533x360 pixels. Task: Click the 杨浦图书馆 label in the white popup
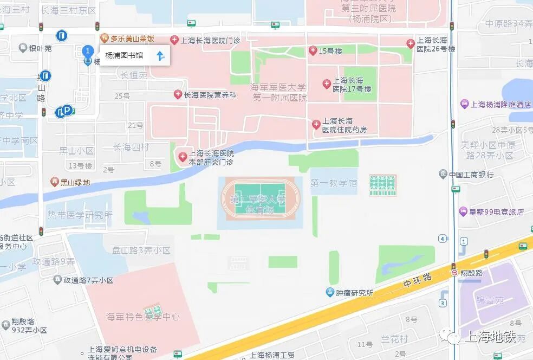(124, 55)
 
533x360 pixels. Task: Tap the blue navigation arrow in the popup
(160, 55)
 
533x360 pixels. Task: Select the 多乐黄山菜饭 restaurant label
(133, 38)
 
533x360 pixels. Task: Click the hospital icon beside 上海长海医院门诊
(174, 40)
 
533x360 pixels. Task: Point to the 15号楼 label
(330, 51)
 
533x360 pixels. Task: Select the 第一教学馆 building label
(334, 184)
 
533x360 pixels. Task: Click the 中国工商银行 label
(471, 175)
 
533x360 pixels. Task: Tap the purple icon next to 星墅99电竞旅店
(463, 211)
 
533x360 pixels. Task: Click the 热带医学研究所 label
(80, 215)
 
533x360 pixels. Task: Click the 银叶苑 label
(41, 48)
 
